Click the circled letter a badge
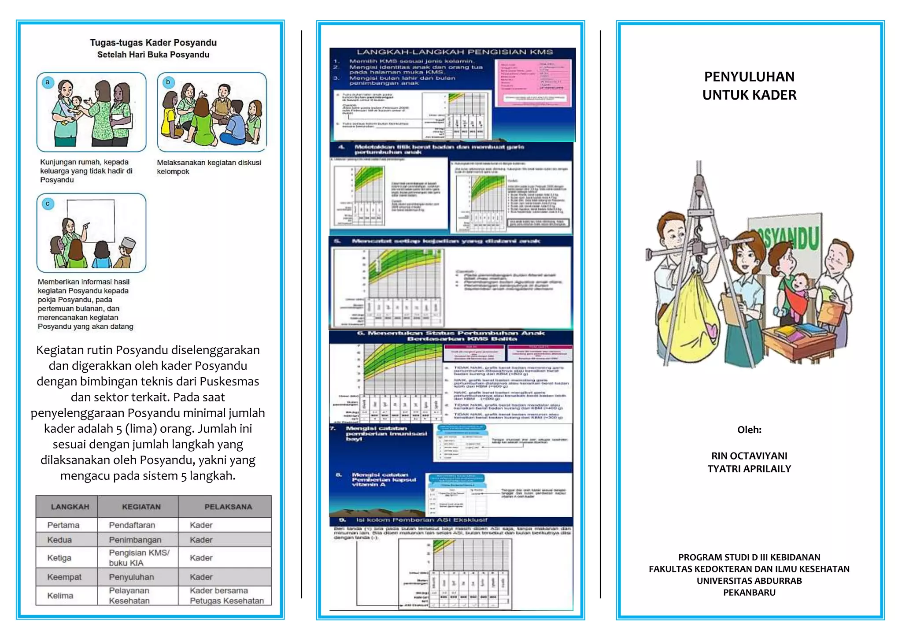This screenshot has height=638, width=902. click(x=48, y=82)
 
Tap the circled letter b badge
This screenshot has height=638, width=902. click(x=168, y=82)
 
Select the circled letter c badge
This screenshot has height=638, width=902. click(x=48, y=204)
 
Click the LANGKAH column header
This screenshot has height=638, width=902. click(x=70, y=507)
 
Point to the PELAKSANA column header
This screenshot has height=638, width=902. click(x=228, y=507)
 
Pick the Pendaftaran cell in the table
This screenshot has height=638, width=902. click(x=132, y=525)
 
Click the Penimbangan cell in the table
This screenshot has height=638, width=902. click(x=135, y=540)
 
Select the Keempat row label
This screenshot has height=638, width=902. click(x=64, y=577)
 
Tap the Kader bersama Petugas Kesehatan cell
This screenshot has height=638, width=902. click(x=226, y=596)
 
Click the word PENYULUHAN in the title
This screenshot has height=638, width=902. click(x=749, y=77)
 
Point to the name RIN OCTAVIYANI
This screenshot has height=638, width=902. click(x=749, y=456)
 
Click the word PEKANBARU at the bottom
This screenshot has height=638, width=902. click(x=749, y=593)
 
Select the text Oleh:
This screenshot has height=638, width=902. click(x=749, y=430)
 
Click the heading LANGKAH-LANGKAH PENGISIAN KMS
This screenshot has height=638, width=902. click(x=455, y=52)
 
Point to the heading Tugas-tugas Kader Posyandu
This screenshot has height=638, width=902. click(x=153, y=43)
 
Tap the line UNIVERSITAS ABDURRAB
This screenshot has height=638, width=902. click(x=749, y=581)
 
